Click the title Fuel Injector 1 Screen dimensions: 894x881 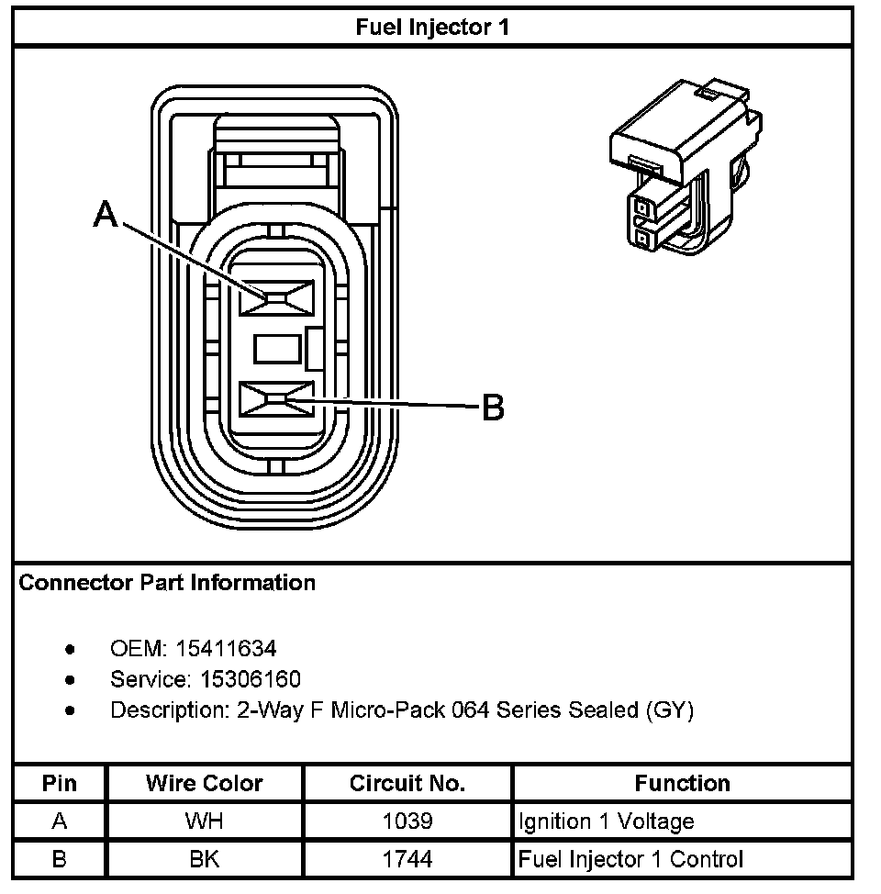432,27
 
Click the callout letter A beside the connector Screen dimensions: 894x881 107,215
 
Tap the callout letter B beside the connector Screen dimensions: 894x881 494,407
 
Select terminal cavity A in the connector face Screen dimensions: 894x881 275,296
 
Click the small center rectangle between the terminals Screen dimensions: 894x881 277,349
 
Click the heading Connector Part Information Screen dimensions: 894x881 167,583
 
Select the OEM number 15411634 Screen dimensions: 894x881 226,650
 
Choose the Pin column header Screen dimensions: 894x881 60,784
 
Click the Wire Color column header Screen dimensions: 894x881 204,784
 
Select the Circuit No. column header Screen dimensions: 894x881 407,784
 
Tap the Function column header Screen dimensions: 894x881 682,784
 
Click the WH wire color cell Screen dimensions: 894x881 204,821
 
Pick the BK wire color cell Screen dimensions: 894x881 204,860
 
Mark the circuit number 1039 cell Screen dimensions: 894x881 407,821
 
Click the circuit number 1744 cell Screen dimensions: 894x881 407,860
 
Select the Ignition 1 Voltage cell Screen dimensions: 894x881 606,821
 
